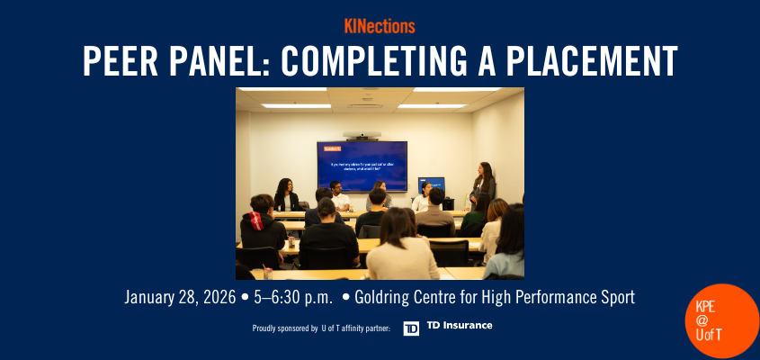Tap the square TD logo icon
pos(411,328)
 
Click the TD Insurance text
pos(460,326)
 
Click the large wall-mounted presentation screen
pos(362,165)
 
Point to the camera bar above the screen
pos(362,135)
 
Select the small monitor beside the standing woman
pos(431,184)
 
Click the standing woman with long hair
pos(483,184)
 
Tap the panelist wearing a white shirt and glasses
pos(339,195)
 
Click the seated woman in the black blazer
pos(286,196)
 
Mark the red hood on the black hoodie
pos(260,220)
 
